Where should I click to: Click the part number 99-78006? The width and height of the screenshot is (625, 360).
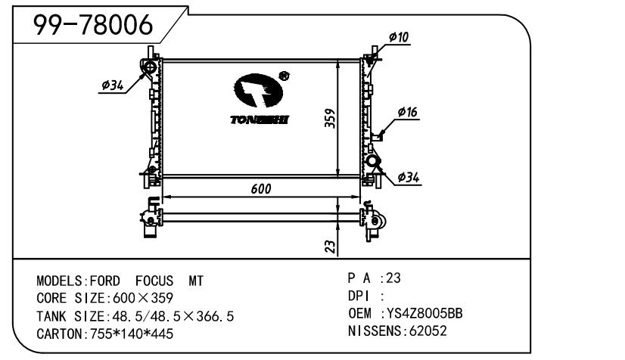pyautogui.click(x=93, y=25)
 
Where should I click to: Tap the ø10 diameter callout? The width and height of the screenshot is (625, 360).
pyautogui.click(x=399, y=37)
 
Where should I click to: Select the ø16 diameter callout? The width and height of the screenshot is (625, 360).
pyautogui.click(x=407, y=112)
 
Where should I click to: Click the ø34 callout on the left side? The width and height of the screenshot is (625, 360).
pyautogui.click(x=113, y=85)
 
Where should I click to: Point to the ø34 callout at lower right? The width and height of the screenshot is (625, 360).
pyautogui.click(x=409, y=177)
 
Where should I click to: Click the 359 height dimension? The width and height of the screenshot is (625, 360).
pyautogui.click(x=330, y=118)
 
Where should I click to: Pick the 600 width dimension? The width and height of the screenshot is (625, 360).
pyautogui.click(x=261, y=189)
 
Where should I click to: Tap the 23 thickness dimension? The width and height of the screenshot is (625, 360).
pyautogui.click(x=331, y=247)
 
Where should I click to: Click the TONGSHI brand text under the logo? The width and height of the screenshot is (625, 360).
pyautogui.click(x=260, y=119)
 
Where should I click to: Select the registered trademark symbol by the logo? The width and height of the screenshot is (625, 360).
pyautogui.click(x=285, y=76)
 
